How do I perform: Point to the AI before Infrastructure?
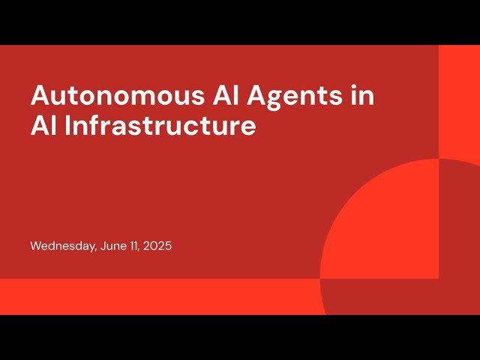pyautogui.click(x=43, y=125)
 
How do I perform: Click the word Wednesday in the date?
pyautogui.click(x=62, y=246)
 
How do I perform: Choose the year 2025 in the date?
pyautogui.click(x=159, y=246)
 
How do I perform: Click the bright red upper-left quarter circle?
pyautogui.click(x=390, y=232)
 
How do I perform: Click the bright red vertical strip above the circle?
pyautogui.click(x=459, y=97)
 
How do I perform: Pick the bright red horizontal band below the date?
pyautogui.click(x=150, y=296)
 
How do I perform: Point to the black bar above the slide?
pyautogui.click(x=240, y=22)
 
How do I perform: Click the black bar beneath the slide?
pyautogui.click(x=240, y=337)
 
